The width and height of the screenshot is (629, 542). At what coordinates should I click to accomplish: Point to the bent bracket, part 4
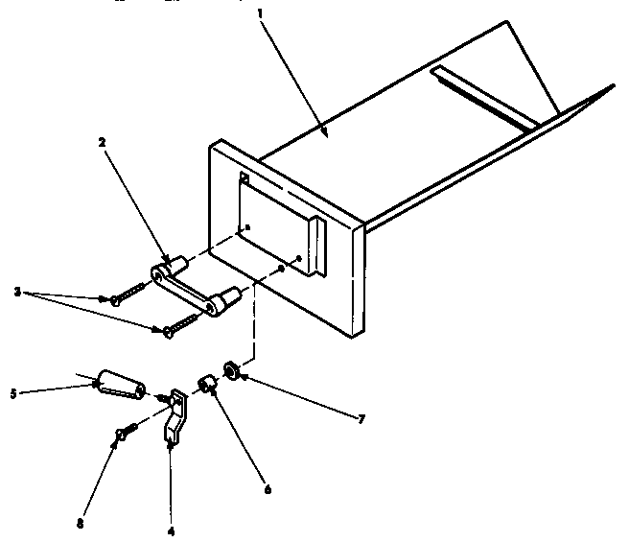177,414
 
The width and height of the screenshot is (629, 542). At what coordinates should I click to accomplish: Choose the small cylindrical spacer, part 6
205,386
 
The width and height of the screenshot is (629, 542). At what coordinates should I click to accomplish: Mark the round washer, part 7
231,369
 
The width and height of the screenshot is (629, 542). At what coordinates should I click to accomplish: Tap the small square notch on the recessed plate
245,178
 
